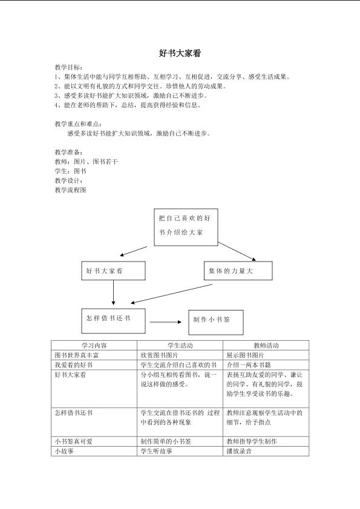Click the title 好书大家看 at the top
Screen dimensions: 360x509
[x=180, y=53]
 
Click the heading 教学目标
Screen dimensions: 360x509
[x=68, y=68]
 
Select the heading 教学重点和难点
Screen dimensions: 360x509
[x=78, y=124]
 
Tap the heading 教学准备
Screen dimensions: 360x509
[x=68, y=153]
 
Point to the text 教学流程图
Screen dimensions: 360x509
[x=70, y=190]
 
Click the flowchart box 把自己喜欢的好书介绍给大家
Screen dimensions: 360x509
[x=186, y=227]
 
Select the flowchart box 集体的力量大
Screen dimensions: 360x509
[x=238, y=271]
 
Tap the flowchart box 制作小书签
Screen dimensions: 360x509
[x=216, y=323]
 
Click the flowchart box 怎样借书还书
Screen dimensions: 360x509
[x=113, y=321]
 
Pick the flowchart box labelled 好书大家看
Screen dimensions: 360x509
[x=113, y=271]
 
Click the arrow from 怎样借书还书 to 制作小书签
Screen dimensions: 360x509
[x=166, y=322]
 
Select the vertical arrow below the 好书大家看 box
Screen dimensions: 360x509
[x=113, y=292]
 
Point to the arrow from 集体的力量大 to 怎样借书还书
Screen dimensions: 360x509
[x=171, y=294]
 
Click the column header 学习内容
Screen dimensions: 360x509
[x=94, y=346]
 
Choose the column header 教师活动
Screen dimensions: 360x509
[x=266, y=346]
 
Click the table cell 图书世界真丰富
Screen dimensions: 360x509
[x=77, y=355]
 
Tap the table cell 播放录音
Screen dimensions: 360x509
[x=239, y=452]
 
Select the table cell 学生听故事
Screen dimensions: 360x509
[x=157, y=452]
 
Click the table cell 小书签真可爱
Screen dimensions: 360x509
[x=73, y=441]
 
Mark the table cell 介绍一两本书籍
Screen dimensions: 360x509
[x=249, y=365]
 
